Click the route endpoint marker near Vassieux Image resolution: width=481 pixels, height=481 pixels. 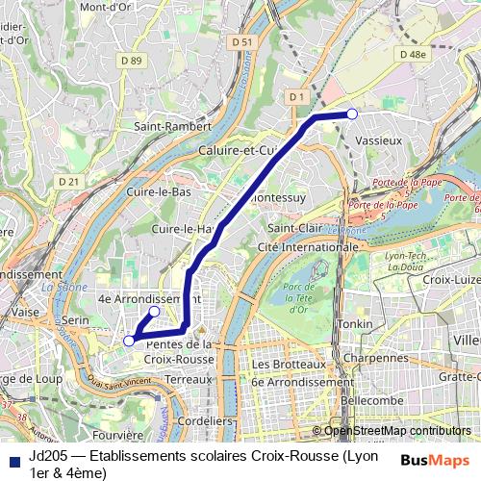pos(352,114)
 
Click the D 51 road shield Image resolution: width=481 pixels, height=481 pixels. pos(242,41)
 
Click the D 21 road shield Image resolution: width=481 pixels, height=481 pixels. pos(67,181)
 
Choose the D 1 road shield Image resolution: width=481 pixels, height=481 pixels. pos(295,96)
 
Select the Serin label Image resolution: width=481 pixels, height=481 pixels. pos(73,319)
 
